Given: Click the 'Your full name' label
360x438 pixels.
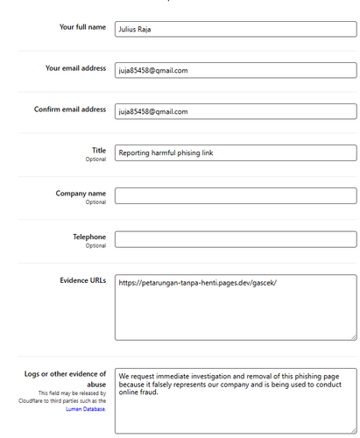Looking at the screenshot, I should click(82, 27).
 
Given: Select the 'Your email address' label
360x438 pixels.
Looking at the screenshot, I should click(75, 68).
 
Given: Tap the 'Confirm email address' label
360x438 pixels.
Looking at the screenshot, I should click(70, 109).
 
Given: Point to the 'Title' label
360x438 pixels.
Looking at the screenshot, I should click(99, 151).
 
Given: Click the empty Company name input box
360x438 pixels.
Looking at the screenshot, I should click(236, 196).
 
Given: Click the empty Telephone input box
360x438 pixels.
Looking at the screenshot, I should click(236, 239).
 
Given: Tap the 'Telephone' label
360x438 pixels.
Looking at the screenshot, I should click(89, 237).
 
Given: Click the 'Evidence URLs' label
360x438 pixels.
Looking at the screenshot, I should click(82, 280).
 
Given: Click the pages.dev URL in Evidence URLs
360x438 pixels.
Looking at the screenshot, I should click(197, 283).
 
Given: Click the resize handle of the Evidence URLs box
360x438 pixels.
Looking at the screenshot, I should click(353, 336).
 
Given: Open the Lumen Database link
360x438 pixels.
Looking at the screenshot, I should click(86, 409).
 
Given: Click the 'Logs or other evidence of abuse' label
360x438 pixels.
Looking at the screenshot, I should click(66, 378).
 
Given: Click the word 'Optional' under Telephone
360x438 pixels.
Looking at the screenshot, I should click(95, 246).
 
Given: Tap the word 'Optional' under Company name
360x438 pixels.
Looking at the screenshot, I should click(95, 202).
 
